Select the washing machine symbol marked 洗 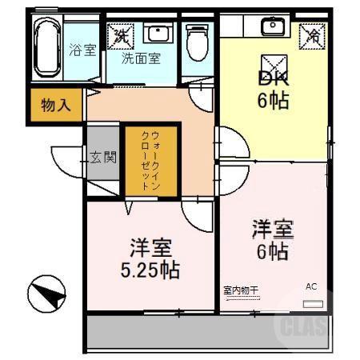pyautogui.click(x=122, y=34)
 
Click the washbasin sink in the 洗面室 pyautogui.click(x=158, y=34)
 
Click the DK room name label pyautogui.click(x=273, y=78)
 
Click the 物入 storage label pyautogui.click(x=55, y=105)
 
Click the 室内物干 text pyautogui.click(x=242, y=289)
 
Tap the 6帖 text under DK pyautogui.click(x=273, y=101)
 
